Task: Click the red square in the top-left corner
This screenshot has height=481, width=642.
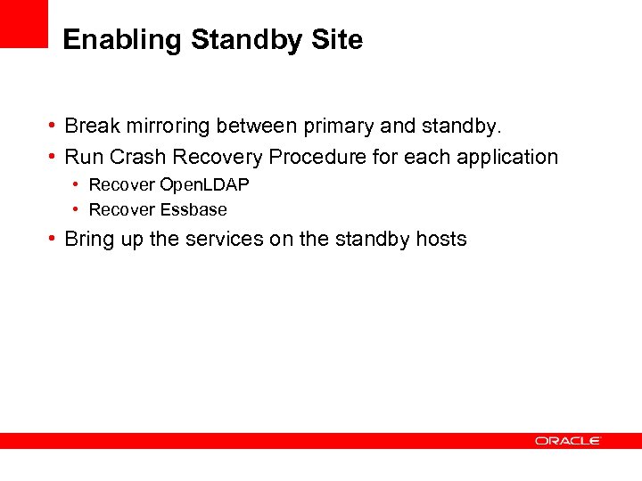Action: (23, 22)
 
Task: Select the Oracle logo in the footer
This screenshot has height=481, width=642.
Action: (568, 441)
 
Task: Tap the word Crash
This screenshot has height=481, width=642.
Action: (138, 158)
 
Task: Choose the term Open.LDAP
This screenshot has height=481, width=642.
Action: (204, 185)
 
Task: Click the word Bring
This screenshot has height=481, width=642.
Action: (90, 240)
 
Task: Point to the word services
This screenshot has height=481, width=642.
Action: (223, 240)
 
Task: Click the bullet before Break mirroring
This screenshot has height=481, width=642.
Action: (53, 126)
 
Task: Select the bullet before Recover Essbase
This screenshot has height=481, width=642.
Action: (78, 210)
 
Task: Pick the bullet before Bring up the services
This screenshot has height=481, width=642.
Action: (53, 240)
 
